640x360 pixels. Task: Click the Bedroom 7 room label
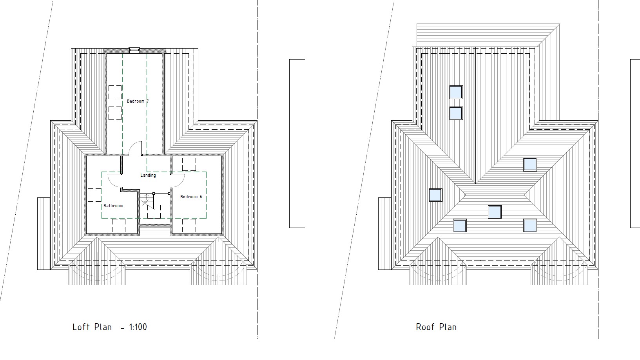point(138,101)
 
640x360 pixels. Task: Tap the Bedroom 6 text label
point(191,197)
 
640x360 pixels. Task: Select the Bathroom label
point(113,206)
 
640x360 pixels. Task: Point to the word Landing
point(148,175)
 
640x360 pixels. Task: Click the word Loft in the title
point(81,327)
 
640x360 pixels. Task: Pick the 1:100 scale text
point(138,327)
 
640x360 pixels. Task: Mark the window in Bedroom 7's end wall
point(134,50)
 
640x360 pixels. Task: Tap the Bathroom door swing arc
point(113,184)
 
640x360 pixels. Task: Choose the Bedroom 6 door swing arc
point(181,184)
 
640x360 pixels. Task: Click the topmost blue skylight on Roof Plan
point(456,92)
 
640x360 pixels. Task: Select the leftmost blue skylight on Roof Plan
point(435,195)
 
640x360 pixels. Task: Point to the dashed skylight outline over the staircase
point(154,212)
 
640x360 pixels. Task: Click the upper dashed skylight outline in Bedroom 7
point(115,92)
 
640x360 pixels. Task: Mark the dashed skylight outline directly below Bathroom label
point(119,226)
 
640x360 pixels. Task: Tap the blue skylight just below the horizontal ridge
point(495,212)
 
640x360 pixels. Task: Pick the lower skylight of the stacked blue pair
point(456,113)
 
